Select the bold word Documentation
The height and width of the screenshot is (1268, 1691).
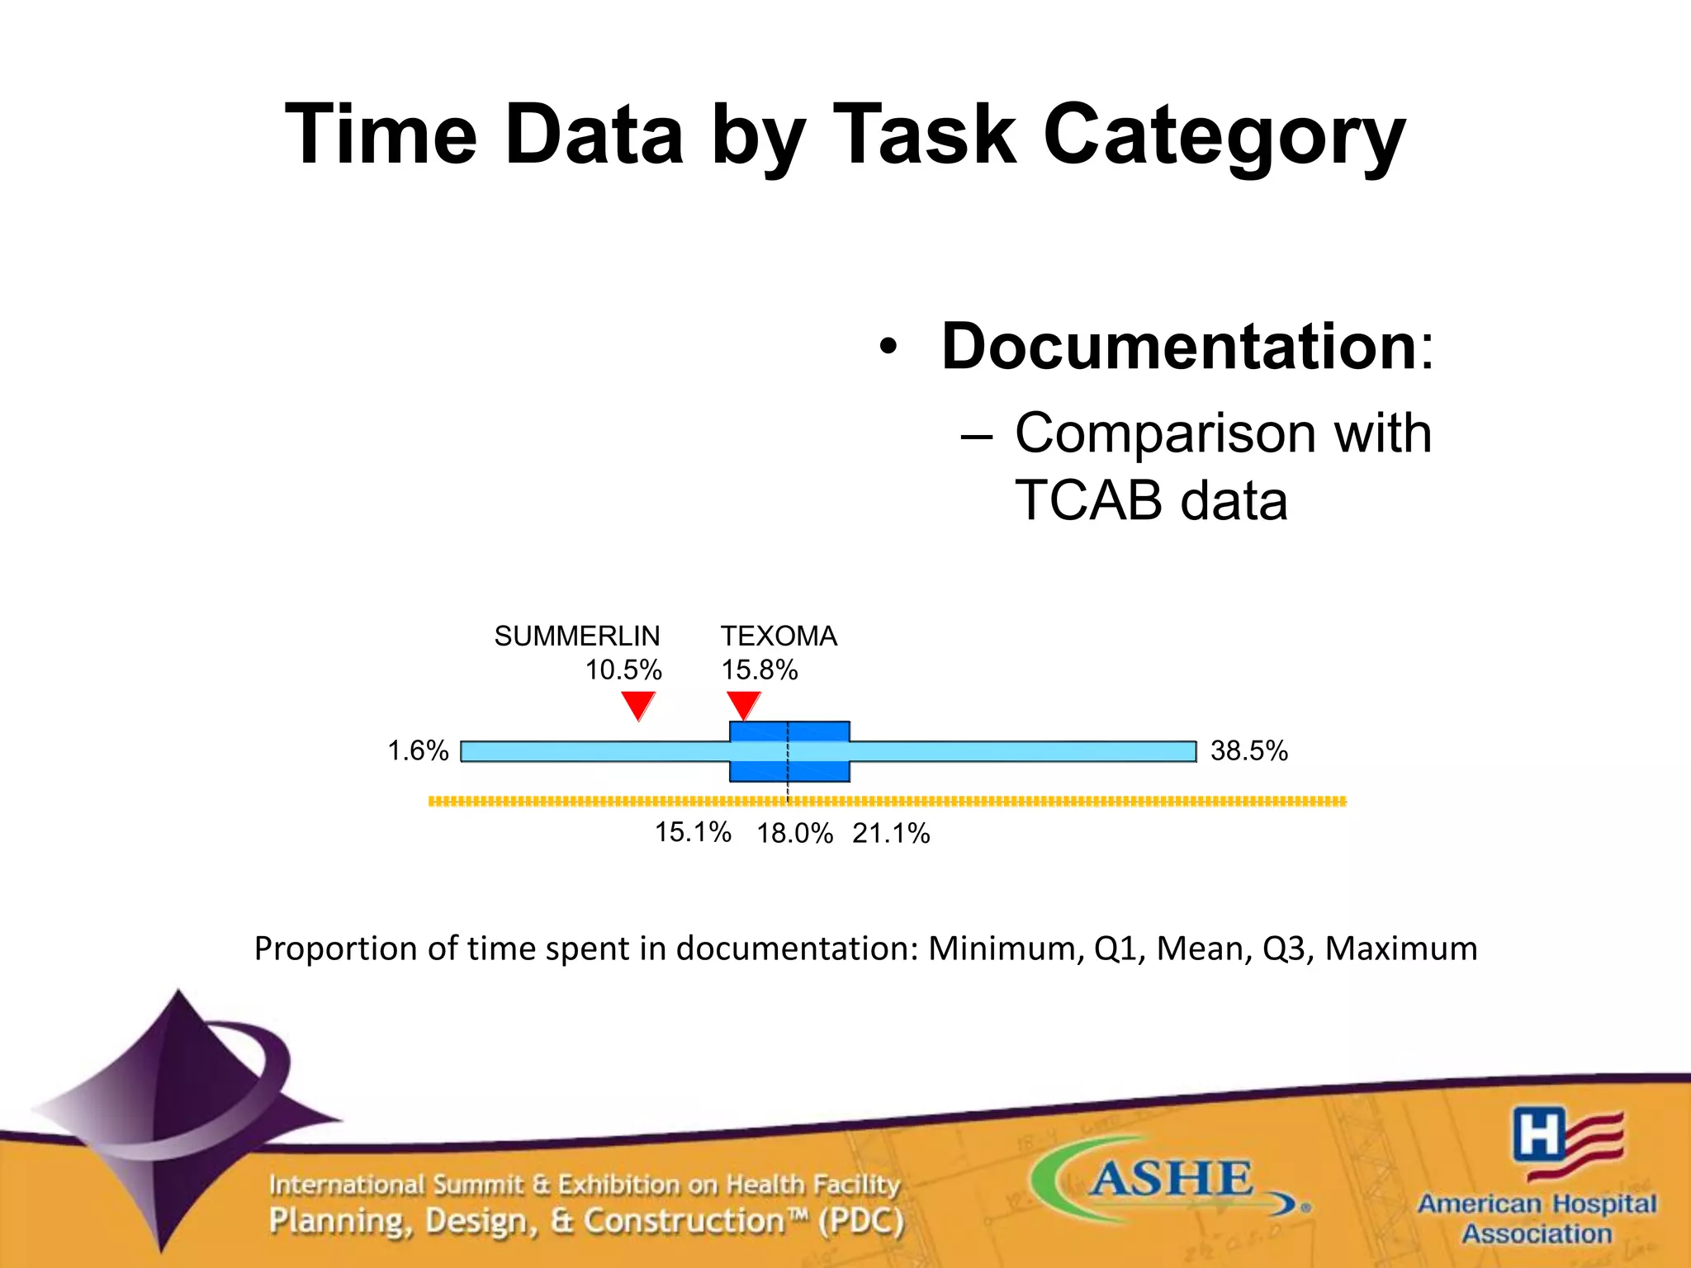(x=1179, y=346)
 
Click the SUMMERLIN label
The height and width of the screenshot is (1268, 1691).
(x=576, y=636)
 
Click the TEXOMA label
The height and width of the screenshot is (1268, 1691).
(x=779, y=636)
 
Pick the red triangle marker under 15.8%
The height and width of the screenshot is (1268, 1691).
(x=744, y=705)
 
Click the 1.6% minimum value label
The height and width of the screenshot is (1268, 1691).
(x=418, y=751)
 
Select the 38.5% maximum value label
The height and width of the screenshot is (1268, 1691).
(x=1248, y=751)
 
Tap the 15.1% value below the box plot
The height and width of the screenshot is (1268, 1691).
(x=693, y=832)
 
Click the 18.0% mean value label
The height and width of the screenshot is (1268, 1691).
(x=794, y=834)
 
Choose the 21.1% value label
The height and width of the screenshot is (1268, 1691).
(x=891, y=834)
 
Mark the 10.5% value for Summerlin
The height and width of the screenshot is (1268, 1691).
(x=623, y=669)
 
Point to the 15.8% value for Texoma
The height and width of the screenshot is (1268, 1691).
(x=760, y=669)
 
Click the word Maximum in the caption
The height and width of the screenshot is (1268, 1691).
(x=1400, y=949)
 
